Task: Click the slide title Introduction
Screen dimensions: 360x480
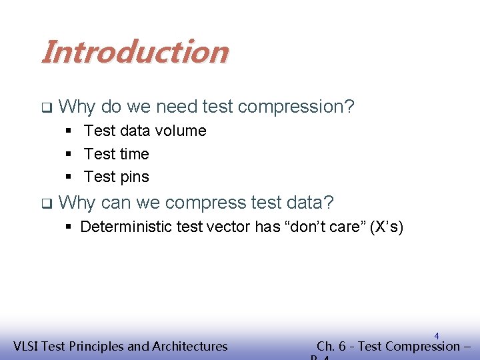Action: point(134,51)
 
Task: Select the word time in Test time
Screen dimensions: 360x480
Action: point(135,154)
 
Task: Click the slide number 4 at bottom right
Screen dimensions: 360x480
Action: point(436,336)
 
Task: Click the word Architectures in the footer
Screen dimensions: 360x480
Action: point(190,346)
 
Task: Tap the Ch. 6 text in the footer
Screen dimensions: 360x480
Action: point(335,346)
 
